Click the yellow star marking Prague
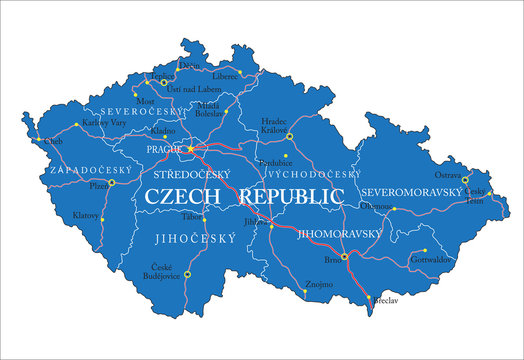[x=190, y=150]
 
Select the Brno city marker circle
[x=345, y=257]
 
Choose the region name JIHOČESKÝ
[x=187, y=239]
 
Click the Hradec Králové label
[x=275, y=125]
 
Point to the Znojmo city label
[x=318, y=285]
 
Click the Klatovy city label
[x=87, y=215]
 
